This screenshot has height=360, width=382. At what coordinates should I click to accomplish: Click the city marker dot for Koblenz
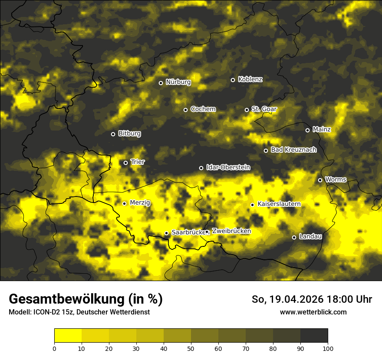tap(233, 80)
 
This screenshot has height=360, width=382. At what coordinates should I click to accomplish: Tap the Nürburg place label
tap(178, 82)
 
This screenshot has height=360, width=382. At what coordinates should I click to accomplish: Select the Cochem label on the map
tap(203, 109)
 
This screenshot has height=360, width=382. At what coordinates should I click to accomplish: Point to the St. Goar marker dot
tap(247, 110)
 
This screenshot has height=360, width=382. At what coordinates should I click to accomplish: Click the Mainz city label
tap(322, 129)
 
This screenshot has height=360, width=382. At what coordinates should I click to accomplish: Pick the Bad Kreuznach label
tap(293, 150)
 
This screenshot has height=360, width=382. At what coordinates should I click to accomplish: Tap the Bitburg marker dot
tap(113, 134)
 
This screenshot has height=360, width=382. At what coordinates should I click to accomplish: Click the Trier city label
tap(138, 162)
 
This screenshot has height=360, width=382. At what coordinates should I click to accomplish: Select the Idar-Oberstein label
tap(228, 167)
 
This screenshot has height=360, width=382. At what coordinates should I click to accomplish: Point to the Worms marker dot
tap(320, 180)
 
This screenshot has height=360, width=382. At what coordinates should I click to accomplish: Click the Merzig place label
tap(140, 203)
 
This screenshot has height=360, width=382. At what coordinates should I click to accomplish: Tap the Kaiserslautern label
tap(279, 204)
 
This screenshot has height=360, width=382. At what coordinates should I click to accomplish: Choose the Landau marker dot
tap(294, 237)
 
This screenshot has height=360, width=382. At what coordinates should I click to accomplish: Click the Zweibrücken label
tap(231, 231)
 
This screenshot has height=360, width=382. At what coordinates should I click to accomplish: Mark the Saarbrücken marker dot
tap(166, 233)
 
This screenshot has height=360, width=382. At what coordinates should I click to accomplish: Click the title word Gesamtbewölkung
tap(67, 299)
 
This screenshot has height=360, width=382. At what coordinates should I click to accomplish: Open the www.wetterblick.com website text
tap(313, 312)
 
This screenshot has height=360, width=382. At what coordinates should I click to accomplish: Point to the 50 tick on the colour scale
tap(191, 348)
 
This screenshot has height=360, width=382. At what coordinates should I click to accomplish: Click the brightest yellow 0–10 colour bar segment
tap(68, 335)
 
